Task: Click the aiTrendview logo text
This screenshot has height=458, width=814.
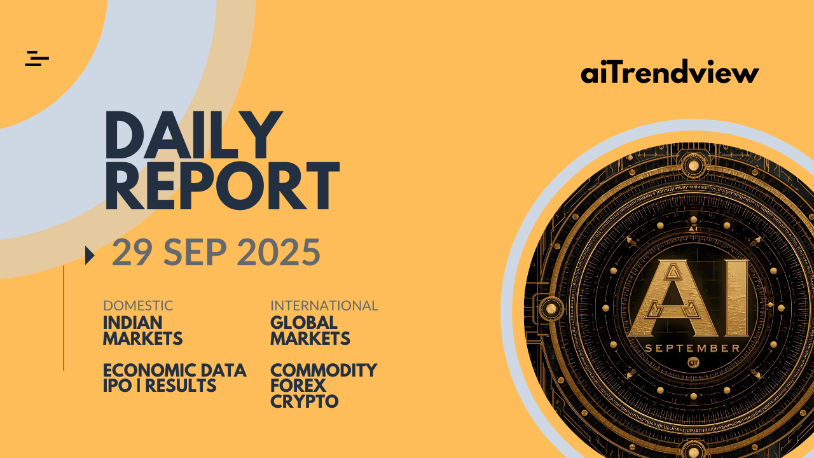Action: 670,72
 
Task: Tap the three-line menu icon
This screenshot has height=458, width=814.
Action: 37,59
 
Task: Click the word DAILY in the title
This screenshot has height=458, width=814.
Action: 194,135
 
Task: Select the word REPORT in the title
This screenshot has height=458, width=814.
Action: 223,185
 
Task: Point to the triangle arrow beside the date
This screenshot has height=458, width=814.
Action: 90,256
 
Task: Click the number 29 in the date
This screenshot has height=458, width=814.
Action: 132,253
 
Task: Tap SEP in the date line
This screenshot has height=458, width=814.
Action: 195,253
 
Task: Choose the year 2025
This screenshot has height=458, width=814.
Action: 279,253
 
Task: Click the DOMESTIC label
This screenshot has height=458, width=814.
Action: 138,306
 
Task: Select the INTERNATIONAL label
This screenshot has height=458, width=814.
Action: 324,306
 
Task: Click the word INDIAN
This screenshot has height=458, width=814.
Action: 133,323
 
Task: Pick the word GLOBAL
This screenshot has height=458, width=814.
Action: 304,323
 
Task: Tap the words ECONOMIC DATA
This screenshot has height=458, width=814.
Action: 175,370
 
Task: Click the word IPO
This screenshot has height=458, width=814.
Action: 118,385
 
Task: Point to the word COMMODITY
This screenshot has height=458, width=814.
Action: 324,370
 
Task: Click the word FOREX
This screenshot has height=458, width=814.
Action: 298,385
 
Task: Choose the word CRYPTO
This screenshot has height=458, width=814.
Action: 305,401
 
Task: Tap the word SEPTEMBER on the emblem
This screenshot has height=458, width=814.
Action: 693,349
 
